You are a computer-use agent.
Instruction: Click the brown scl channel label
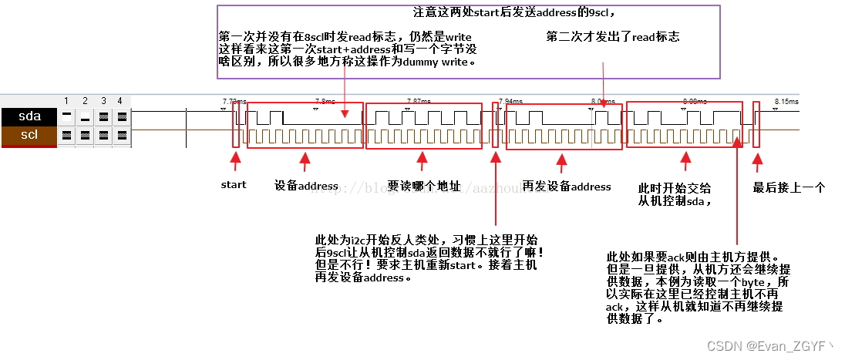pos(29,135)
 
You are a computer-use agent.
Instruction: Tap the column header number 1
pos(67,101)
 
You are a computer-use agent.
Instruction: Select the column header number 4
pos(120,101)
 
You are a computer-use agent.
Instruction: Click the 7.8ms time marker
pos(325,101)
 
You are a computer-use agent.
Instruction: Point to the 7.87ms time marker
pos(419,101)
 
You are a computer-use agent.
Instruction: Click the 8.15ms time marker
pos(786,101)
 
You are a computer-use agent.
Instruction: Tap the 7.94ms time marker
pos(510,101)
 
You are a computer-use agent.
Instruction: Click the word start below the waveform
pos(234,185)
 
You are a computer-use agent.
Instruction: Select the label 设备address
pos(306,186)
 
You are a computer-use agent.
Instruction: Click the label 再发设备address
pos(567,187)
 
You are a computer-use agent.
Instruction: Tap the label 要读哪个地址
pos(424,186)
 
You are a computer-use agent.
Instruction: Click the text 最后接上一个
pos(788,187)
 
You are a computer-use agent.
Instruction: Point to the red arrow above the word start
pos(236,162)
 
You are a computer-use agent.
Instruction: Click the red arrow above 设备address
pos(305,162)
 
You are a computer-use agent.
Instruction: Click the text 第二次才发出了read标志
pos(613,37)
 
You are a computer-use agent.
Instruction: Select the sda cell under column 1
pos(67,117)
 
